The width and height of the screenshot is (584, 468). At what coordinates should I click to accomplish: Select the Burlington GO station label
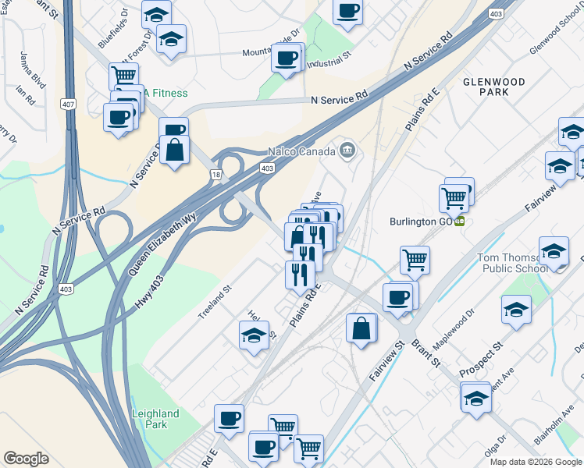pyautogui.click(x=422, y=221)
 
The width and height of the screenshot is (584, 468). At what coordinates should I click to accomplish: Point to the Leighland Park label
pyautogui.click(x=155, y=419)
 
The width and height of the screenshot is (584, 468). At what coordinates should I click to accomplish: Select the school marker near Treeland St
pyautogui.click(x=254, y=335)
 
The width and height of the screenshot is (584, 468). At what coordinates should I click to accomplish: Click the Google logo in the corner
pyautogui.click(x=27, y=459)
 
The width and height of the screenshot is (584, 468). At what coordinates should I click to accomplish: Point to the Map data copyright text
pyautogui.click(x=536, y=462)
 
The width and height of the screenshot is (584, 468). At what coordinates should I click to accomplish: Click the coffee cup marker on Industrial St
pyautogui.click(x=287, y=57)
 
